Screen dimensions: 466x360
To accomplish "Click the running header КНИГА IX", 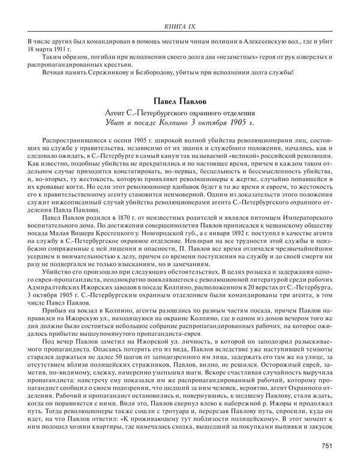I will click(x=179, y=26).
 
